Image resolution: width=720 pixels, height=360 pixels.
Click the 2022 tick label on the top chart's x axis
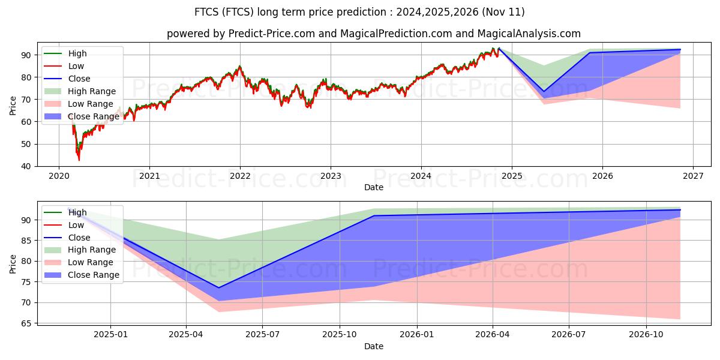coord(240,176)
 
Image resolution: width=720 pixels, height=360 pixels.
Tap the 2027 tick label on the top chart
coord(693,176)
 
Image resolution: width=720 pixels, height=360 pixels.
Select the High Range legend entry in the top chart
coord(92,91)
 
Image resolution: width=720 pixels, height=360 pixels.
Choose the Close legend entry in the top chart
coord(79,79)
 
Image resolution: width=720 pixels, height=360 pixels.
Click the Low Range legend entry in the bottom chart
coord(91,262)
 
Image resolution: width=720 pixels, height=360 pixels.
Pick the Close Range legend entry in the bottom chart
coord(94,275)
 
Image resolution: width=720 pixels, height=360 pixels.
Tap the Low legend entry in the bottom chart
coord(76,224)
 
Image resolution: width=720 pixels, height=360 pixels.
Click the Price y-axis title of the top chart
coord(13,104)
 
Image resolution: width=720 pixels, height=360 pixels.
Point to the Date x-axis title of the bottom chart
coord(373,346)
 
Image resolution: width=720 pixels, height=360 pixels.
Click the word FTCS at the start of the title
coord(206,12)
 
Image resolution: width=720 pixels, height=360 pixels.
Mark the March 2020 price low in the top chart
coord(79,160)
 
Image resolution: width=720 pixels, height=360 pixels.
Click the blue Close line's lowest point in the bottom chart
coord(218,287)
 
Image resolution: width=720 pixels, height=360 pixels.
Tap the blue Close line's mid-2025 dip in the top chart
coord(544,92)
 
